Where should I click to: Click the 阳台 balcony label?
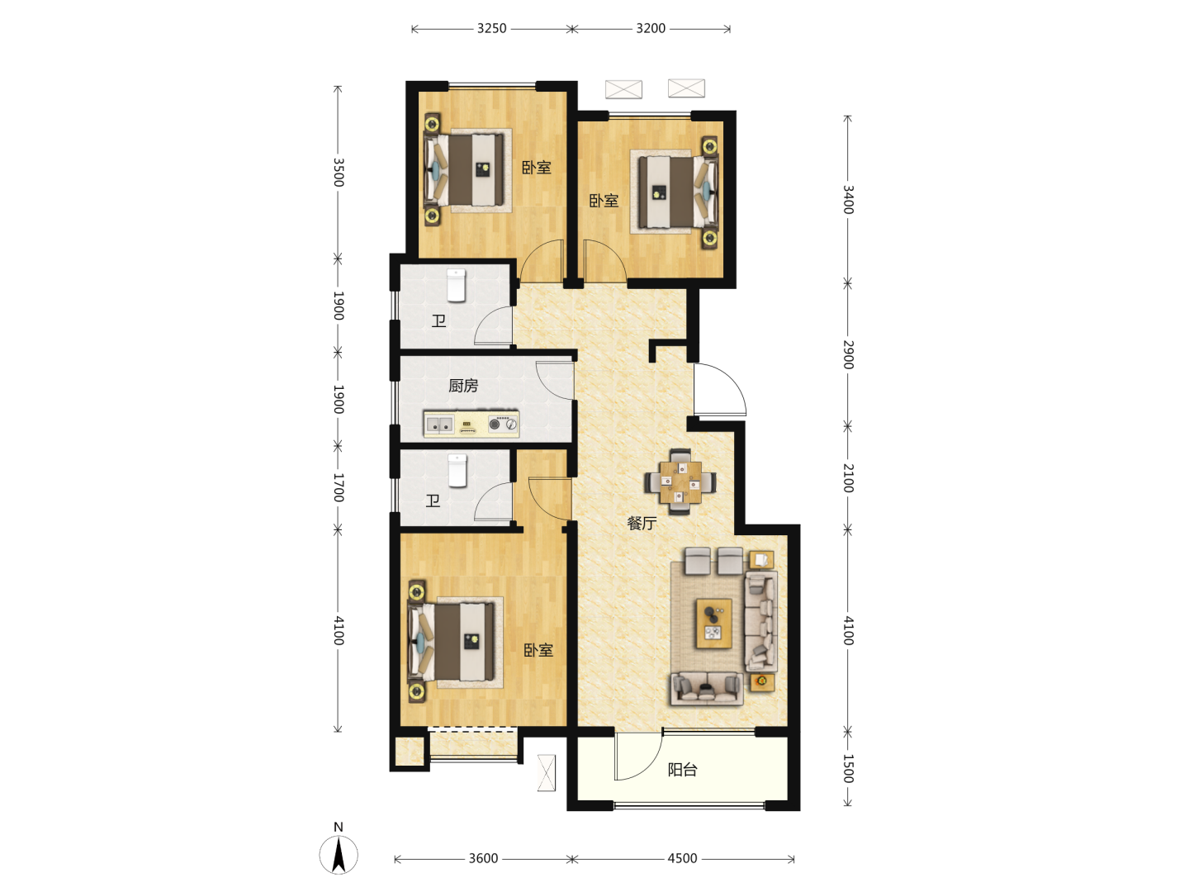[x=682, y=770]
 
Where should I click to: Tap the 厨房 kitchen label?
[x=463, y=386]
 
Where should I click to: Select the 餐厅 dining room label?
[x=642, y=523]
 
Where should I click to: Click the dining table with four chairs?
[x=680, y=482]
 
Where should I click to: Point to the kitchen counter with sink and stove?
[x=471, y=424]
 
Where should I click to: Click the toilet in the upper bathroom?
[x=456, y=286]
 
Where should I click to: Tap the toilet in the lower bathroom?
[x=457, y=471]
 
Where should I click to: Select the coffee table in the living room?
[x=714, y=624]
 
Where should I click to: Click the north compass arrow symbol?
[x=339, y=855]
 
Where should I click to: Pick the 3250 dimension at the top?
[x=491, y=28]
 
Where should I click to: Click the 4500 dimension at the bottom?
[x=682, y=858]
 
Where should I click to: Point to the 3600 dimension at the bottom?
[x=483, y=858]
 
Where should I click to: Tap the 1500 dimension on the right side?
[x=848, y=768]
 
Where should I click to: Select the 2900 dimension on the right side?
[x=848, y=355]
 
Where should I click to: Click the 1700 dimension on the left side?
[x=338, y=487]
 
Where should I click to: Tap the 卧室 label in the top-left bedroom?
[x=536, y=168]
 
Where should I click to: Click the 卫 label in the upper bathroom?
[x=438, y=321]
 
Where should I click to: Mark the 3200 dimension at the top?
[x=651, y=28]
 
